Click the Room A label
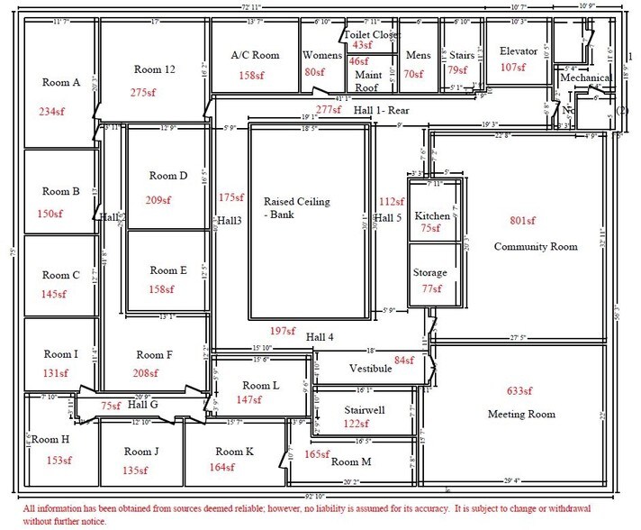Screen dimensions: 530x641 [61, 82]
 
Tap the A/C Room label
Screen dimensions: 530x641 [255, 55]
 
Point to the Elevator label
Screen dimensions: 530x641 [518, 51]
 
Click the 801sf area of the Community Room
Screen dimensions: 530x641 [522, 220]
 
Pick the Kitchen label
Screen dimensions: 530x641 [432, 216]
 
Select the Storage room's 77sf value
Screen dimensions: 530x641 [432, 289]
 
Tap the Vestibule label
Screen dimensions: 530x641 [358, 369]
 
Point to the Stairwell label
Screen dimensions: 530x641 [365, 410]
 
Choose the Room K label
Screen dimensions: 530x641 [234, 452]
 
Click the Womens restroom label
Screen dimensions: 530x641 [321, 55]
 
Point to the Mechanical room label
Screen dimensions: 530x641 [587, 78]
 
